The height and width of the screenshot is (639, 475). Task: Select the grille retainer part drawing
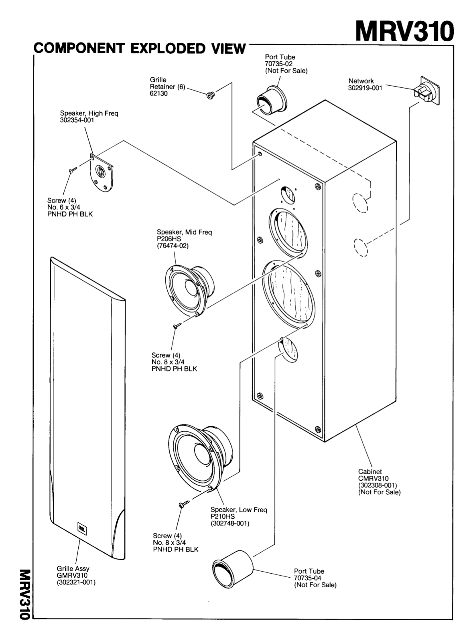click(210, 95)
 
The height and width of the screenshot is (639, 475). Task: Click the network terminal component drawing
click(426, 91)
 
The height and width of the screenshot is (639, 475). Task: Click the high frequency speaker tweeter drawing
click(101, 173)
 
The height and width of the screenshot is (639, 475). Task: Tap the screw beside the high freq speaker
click(73, 170)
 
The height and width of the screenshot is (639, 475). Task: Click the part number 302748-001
click(230, 523)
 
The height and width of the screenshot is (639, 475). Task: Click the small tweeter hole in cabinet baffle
click(287, 194)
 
